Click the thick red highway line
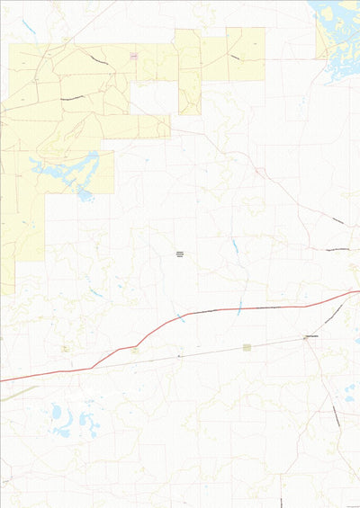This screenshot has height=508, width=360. (x=225, y=310)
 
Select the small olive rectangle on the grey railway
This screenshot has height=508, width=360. (x=246, y=347)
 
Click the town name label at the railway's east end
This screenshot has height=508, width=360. (x=312, y=337)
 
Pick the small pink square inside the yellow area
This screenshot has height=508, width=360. (x=133, y=57)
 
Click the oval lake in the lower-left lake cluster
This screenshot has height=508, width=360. (x=57, y=413)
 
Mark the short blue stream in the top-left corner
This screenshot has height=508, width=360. (x=29, y=27)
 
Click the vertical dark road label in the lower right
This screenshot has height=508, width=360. (x=335, y=415)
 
